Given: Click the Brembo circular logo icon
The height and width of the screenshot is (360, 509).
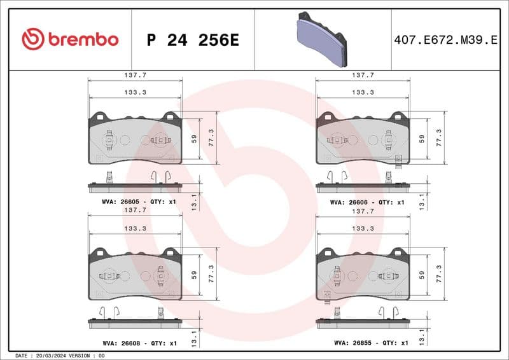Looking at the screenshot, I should pyautogui.click(x=33, y=39).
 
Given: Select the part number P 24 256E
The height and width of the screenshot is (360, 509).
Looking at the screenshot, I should pyautogui.click(x=192, y=40).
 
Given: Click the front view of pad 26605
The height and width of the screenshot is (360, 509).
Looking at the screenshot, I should pyautogui.click(x=135, y=139).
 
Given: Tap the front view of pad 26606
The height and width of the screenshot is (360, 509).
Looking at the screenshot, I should pyautogui.click(x=363, y=139).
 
